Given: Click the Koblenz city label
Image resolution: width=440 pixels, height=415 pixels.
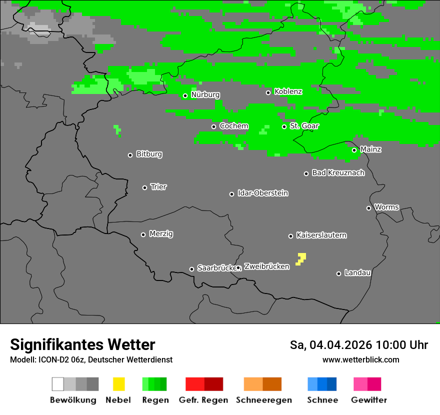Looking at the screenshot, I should pyautogui.click(x=288, y=92).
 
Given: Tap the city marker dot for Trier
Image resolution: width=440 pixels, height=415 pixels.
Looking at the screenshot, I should pyautogui.click(x=145, y=187).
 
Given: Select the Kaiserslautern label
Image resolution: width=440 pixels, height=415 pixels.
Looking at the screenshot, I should pyautogui.click(x=321, y=235).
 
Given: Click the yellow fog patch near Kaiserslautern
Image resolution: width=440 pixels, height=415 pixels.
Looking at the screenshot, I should pyautogui.click(x=301, y=258).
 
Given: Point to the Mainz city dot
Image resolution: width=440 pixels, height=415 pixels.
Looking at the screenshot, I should pyautogui.click(x=354, y=150).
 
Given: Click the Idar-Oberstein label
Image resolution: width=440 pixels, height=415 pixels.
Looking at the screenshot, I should pyautogui.click(x=262, y=193).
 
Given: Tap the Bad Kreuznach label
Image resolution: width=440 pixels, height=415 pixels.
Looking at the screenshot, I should pyautogui.click(x=338, y=173).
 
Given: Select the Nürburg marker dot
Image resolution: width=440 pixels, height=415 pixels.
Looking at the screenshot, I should pyautogui.click(x=185, y=95).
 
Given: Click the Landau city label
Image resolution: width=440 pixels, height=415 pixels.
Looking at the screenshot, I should pyautogui.click(x=357, y=273).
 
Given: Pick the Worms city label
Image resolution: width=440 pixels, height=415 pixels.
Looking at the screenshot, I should pyautogui.click(x=386, y=207).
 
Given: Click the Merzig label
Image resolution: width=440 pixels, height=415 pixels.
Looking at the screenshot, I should pyautogui.click(x=161, y=234).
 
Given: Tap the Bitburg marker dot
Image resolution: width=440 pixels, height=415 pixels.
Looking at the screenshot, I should pyautogui.click(x=130, y=155).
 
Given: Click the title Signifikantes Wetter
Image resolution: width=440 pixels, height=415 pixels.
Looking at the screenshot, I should pyautogui.click(x=82, y=345).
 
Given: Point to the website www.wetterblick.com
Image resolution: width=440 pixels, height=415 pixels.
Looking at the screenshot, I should pyautogui.click(x=360, y=360).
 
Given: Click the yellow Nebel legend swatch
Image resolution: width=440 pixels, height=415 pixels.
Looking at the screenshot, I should pyautogui.click(x=118, y=384).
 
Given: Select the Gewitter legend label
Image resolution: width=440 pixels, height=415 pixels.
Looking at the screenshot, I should pyautogui.click(x=369, y=400).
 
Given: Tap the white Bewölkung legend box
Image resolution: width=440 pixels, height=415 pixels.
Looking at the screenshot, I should pyautogui.click(x=58, y=384).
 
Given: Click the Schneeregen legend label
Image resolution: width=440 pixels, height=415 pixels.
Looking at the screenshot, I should pyautogui.click(x=264, y=400).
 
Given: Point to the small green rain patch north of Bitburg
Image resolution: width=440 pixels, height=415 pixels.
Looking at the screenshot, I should pyautogui.click(x=117, y=130).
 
